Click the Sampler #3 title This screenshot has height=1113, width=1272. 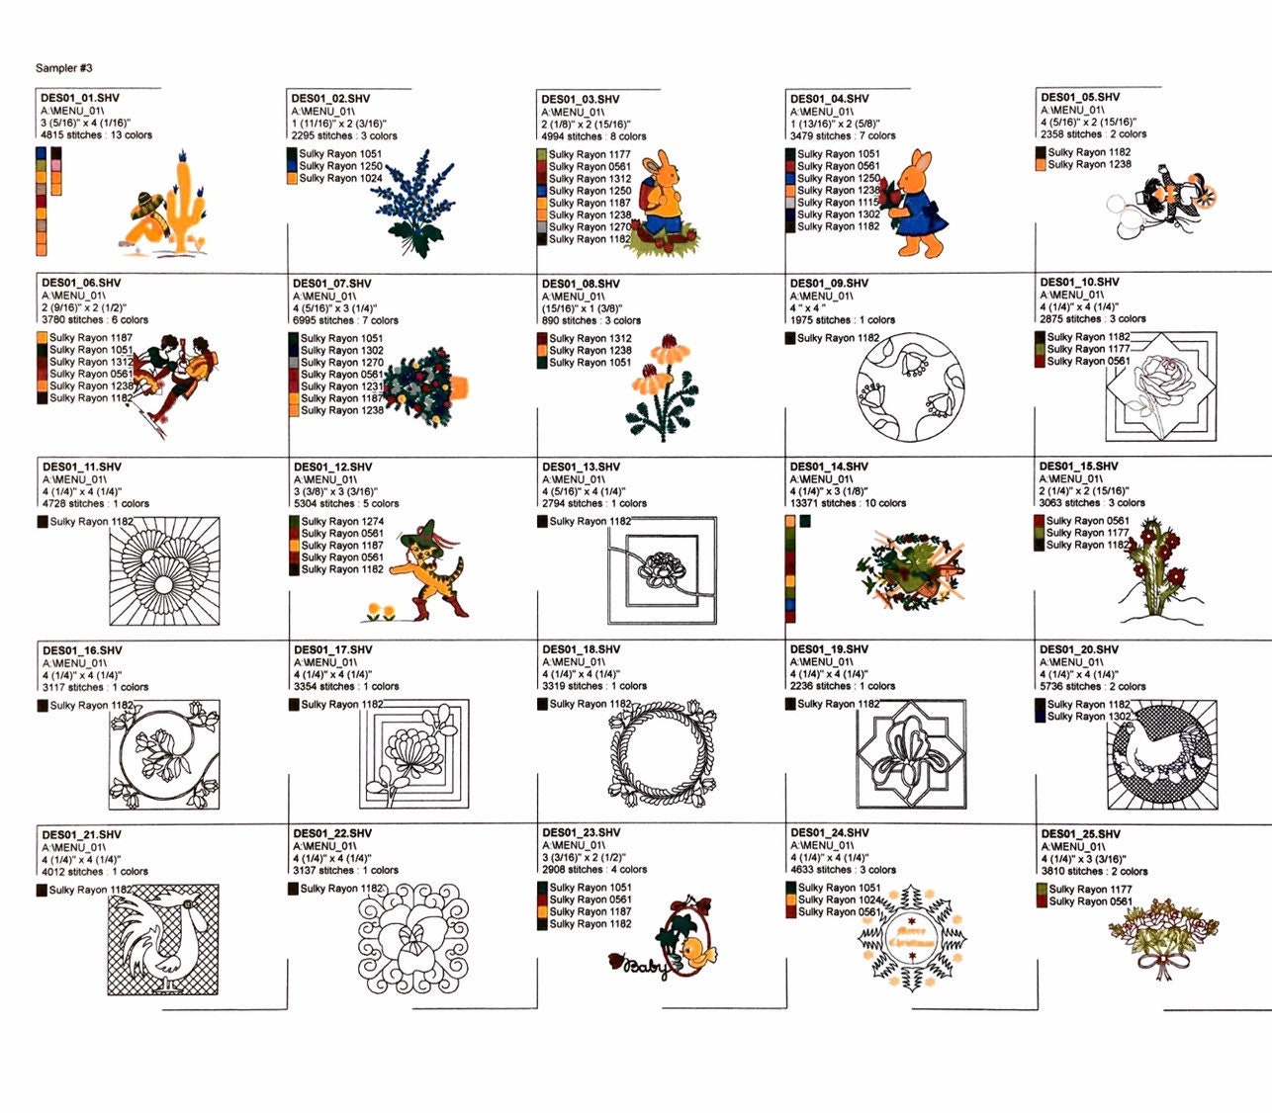tap(64, 68)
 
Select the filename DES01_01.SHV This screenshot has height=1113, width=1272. tap(80, 99)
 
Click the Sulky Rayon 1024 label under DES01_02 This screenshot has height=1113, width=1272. tap(340, 179)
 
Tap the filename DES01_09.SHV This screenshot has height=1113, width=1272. tap(829, 284)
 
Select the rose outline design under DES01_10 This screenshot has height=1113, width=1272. tap(1158, 386)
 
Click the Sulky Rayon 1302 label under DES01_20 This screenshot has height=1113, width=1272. tap(1089, 717)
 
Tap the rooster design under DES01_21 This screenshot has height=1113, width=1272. tap(164, 939)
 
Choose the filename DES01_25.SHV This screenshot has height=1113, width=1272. tap(1080, 834)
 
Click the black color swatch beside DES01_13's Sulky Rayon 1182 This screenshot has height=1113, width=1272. tap(542, 521)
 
